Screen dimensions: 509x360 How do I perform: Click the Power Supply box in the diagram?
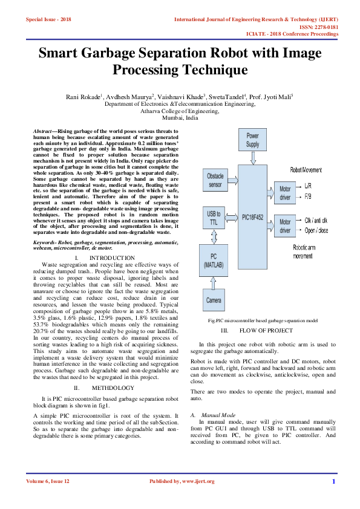coord(252,141)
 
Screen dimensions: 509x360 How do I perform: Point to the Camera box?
coord(214,299)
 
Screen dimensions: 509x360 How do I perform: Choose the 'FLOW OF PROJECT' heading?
coord(266,331)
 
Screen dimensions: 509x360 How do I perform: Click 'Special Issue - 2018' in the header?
coord(48,19)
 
